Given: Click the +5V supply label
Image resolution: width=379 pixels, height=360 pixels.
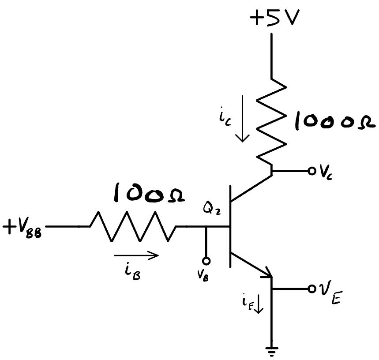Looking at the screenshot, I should point(274,18).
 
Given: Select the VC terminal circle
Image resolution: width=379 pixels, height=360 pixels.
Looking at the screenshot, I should point(311,171).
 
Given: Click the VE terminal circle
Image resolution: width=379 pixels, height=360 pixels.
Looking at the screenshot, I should point(311,289).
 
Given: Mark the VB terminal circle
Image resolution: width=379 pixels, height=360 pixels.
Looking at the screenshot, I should point(206,261).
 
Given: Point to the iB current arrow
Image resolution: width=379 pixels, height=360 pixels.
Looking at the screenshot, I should point(136,255).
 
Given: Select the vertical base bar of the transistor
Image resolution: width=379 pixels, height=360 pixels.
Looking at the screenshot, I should point(230,227).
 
